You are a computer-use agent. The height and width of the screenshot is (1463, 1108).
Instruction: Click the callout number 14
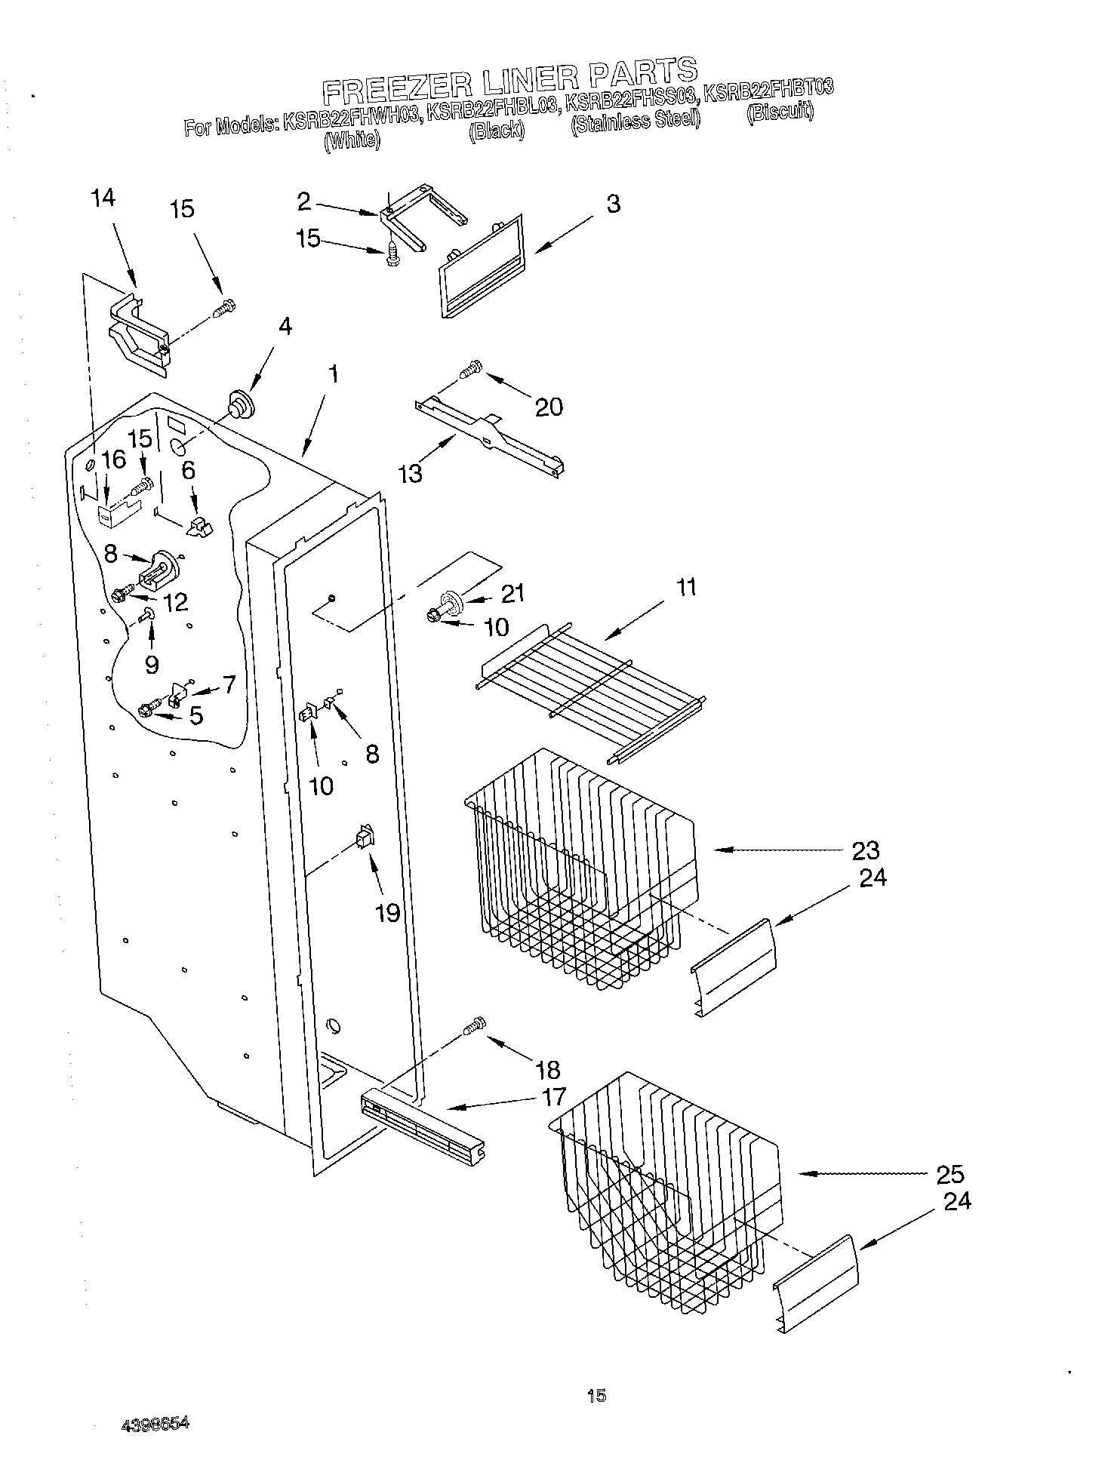(103, 198)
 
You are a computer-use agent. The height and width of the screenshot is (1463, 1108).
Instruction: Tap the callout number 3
(614, 204)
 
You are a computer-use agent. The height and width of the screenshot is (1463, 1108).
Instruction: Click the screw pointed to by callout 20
(470, 370)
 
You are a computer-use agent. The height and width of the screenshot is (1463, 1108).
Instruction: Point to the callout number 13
(411, 474)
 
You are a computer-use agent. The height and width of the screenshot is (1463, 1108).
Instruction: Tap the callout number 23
(866, 850)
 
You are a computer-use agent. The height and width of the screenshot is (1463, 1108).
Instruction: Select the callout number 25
(949, 1174)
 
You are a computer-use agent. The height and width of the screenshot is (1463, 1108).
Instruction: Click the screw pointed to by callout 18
(476, 1027)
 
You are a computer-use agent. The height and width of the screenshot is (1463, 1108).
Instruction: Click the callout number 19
(387, 913)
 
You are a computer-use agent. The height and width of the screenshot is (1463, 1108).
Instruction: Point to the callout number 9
(152, 664)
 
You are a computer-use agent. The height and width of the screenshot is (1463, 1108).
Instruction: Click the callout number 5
(196, 715)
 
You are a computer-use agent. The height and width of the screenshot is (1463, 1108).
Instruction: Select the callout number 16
(114, 460)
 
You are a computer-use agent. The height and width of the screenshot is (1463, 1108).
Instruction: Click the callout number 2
(303, 201)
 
